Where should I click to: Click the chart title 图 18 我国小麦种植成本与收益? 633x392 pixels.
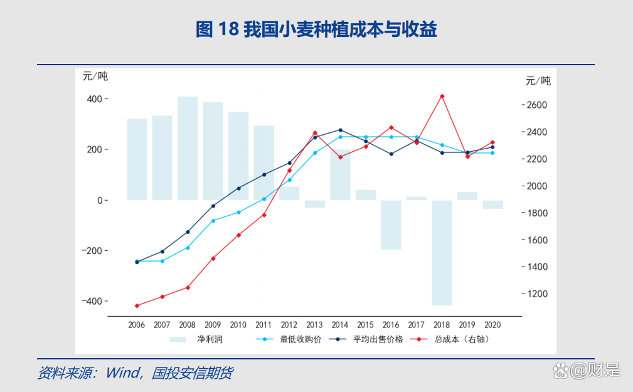316,29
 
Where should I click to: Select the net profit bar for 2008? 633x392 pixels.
187,148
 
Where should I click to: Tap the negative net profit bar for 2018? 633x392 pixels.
442,252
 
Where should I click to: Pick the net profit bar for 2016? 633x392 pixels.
391,225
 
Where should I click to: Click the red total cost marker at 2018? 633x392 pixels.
442,96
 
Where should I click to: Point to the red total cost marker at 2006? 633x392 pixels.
137,305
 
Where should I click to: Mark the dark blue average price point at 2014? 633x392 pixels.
340,130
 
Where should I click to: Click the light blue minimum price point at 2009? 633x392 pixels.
213,220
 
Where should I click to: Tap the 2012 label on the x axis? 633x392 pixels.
289,325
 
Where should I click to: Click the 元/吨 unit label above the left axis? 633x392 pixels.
95,77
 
